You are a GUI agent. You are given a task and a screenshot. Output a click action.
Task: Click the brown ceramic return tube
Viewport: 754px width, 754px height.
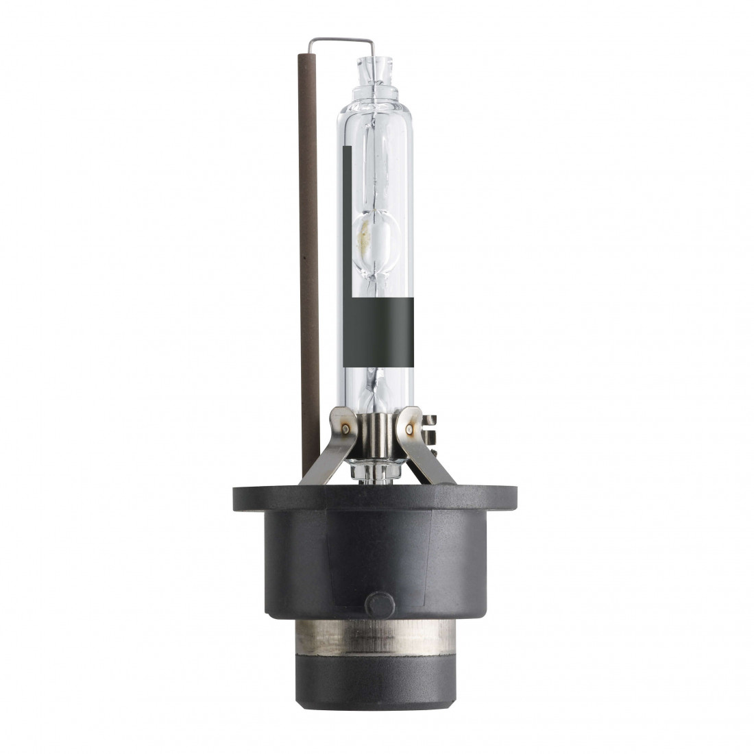[x=309, y=274]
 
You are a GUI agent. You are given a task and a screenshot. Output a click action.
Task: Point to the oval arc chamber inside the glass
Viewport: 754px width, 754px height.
[x=376, y=237]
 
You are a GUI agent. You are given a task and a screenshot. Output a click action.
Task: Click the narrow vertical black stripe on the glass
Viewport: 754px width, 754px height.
[x=348, y=219]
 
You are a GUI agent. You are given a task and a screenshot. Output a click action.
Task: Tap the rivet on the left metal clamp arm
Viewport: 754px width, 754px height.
[x=345, y=429]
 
